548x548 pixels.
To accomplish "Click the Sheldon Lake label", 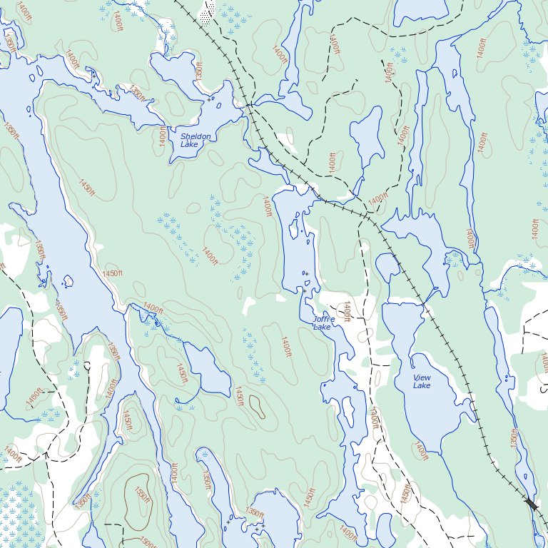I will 195,140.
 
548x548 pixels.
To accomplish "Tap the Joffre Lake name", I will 323,323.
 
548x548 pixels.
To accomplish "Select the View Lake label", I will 422,381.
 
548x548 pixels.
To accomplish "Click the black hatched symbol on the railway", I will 531,504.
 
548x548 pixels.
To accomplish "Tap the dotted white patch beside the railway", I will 208,14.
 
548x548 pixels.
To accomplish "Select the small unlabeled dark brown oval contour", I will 256,407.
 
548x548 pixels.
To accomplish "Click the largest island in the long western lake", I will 68,280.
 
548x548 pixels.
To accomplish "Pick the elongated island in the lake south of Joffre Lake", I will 349,410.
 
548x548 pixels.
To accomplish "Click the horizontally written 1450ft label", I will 113,273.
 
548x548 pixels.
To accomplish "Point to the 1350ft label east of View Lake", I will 514,437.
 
